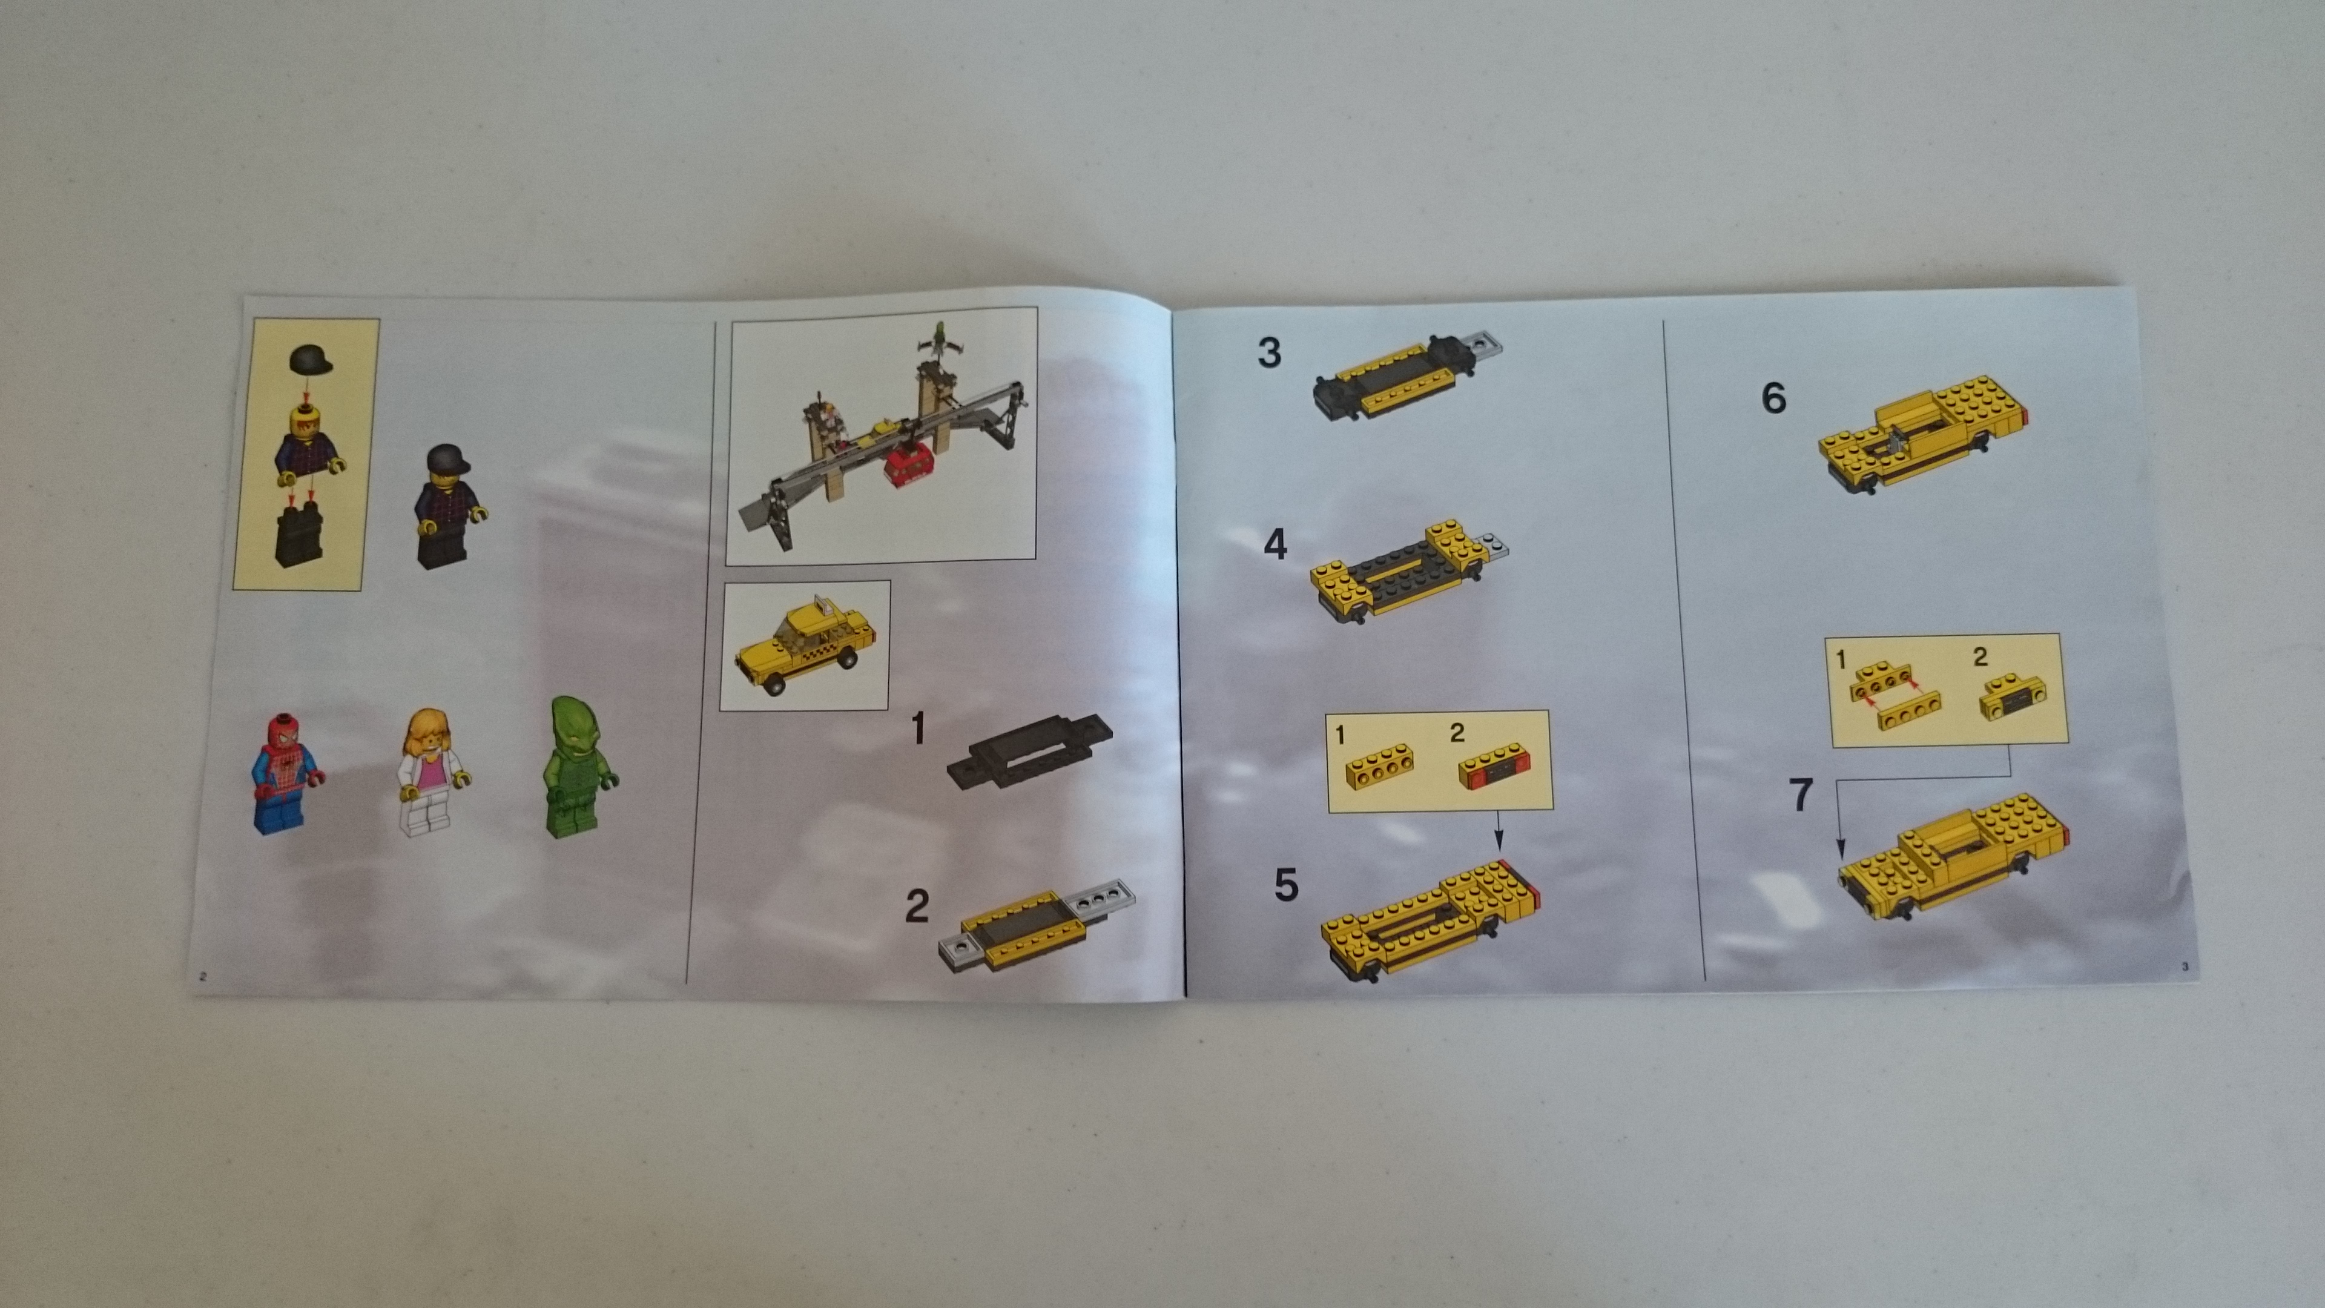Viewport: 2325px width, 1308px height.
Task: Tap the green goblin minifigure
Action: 579,767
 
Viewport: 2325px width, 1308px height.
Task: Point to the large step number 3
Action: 1269,352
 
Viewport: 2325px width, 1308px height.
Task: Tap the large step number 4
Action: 1275,544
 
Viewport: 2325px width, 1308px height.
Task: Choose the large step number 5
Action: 1286,885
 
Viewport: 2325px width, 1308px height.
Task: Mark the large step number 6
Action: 1773,398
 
